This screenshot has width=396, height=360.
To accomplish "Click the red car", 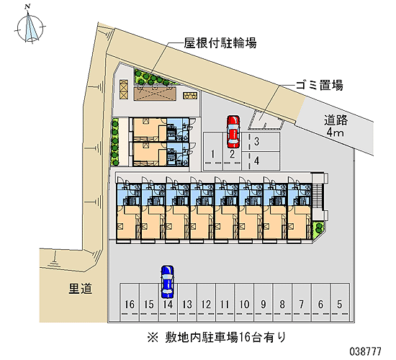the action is click(233, 132).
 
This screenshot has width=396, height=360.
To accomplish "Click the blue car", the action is click(168, 282).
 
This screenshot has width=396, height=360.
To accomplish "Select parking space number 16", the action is click(130, 302).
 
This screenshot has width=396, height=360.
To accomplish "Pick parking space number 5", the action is click(340, 302).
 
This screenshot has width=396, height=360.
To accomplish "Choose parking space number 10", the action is click(244, 302).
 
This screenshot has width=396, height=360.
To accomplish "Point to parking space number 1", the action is click(213, 151).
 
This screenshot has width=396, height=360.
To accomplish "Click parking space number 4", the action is click(261, 161).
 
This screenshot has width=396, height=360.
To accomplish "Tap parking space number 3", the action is click(261, 142).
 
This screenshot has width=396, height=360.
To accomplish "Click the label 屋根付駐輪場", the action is click(220, 43).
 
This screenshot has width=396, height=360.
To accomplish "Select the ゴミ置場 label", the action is click(320, 85).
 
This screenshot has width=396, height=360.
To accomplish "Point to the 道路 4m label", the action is click(336, 126).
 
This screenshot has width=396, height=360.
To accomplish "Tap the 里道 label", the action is click(81, 289).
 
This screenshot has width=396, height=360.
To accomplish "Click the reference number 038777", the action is click(365, 351).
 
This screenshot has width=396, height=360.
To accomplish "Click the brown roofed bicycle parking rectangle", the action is click(155, 93).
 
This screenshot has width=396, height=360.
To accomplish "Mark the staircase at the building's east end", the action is click(318, 197).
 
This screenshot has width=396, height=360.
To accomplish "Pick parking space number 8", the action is click(283, 302).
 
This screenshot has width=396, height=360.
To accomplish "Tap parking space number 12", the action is click(206, 302).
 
